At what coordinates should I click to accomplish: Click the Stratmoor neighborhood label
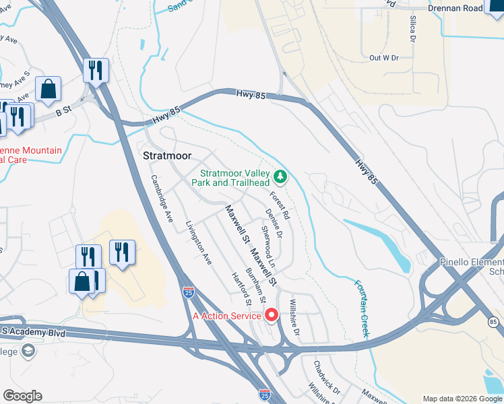point(168,156)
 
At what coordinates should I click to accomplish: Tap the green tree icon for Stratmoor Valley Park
point(280,177)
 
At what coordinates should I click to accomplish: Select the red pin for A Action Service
point(272,314)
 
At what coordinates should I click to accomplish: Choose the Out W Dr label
point(384,58)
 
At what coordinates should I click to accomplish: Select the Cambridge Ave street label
point(162,199)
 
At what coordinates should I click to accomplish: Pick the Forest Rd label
point(280,206)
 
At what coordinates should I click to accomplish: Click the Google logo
point(22,396)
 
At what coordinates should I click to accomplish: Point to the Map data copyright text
point(462,399)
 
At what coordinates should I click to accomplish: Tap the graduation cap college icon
point(28,351)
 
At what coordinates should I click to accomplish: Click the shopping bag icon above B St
point(49,89)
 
